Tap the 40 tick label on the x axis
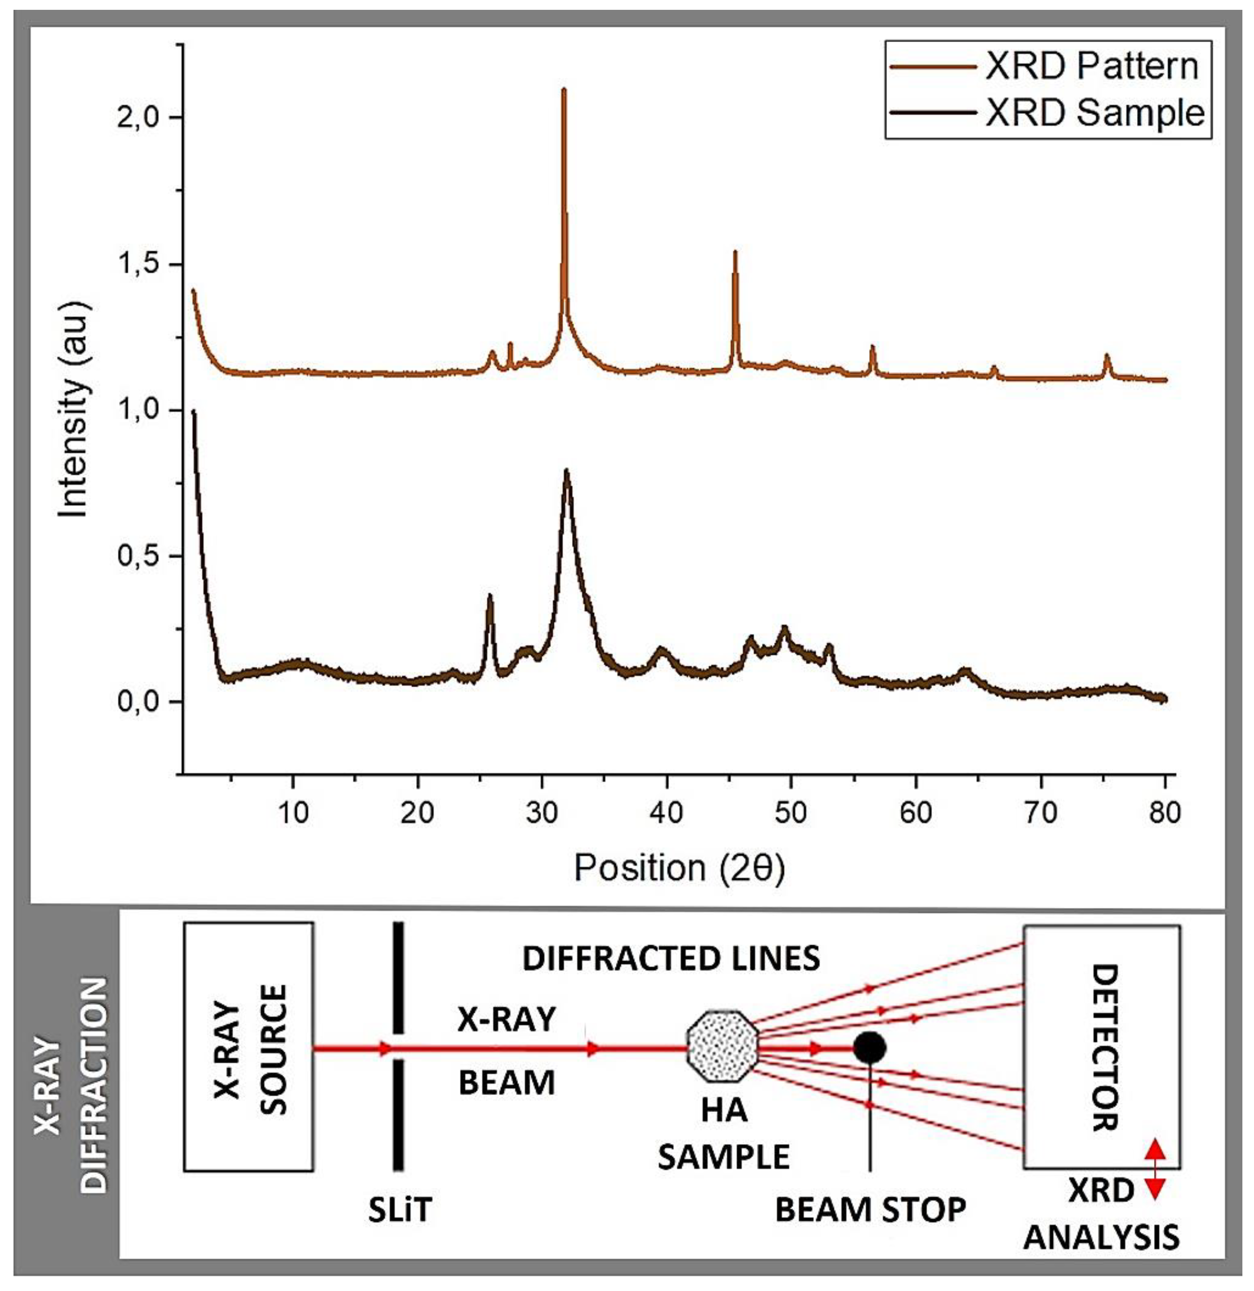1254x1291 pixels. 666,812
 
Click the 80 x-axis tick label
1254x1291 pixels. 1164,812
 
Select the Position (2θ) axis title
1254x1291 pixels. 679,868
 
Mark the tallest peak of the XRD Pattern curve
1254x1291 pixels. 564,90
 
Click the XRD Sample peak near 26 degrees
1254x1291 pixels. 489,596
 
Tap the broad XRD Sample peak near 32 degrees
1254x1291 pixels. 566,472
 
